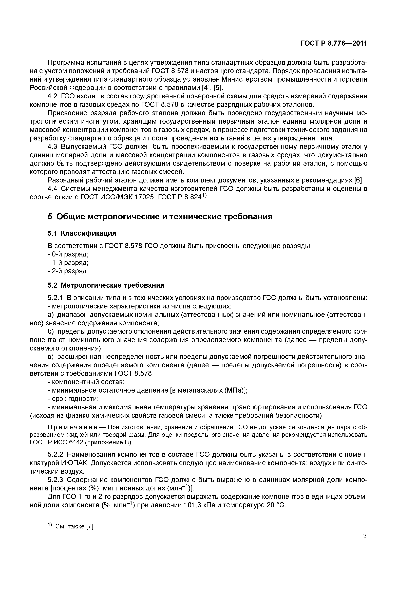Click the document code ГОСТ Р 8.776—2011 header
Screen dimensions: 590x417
[333, 43]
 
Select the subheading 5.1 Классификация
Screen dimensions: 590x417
[82, 233]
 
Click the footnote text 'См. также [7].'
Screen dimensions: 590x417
[75, 527]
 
